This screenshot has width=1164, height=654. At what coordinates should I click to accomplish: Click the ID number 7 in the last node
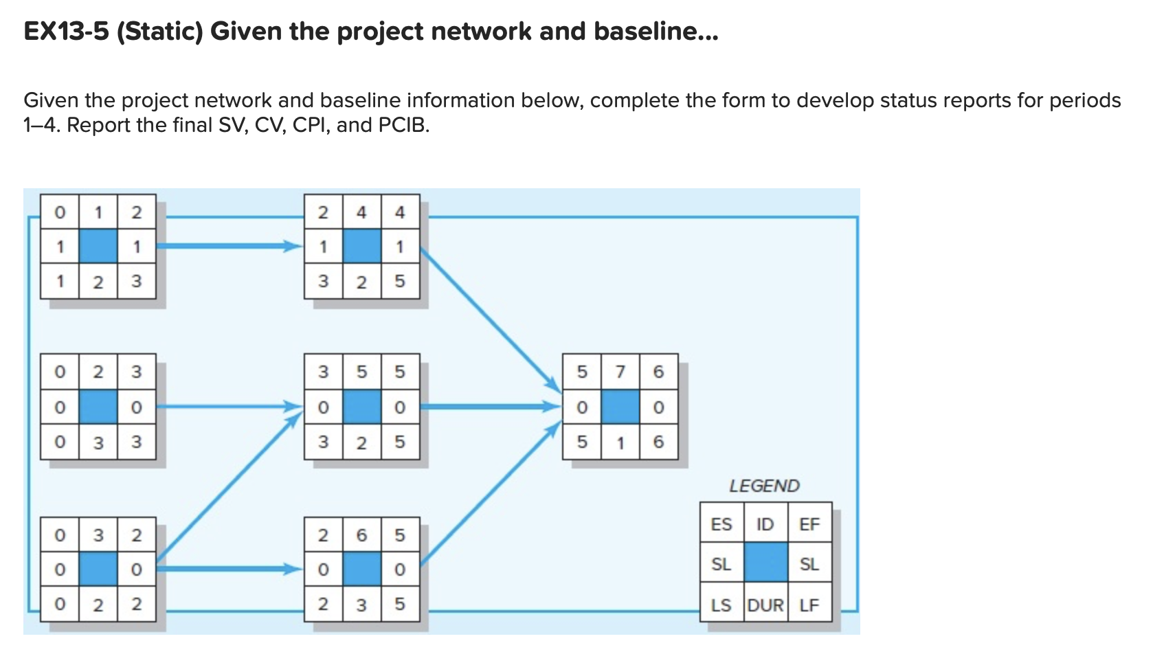(x=620, y=372)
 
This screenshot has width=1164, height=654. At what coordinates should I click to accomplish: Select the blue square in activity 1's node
(x=98, y=247)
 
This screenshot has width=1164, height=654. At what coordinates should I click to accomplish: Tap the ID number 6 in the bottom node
(x=361, y=535)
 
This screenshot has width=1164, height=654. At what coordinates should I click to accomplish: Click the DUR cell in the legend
(x=765, y=605)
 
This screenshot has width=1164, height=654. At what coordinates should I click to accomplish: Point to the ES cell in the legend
(x=721, y=525)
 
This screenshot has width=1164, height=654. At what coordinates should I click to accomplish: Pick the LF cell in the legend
(x=809, y=605)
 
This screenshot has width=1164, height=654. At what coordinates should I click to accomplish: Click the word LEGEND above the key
(x=764, y=486)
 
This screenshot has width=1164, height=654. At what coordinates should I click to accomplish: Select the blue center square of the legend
(x=765, y=563)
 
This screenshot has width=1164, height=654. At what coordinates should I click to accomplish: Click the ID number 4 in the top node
(x=361, y=212)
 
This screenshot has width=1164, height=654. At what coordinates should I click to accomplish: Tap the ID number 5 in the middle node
(x=361, y=372)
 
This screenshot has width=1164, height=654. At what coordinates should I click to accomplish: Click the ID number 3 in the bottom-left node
(x=98, y=535)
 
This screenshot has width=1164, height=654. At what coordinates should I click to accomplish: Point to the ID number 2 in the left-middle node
(x=98, y=372)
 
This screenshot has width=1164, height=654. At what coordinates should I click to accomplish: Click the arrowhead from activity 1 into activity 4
(x=294, y=246)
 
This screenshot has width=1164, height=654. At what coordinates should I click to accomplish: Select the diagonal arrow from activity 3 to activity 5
(x=227, y=484)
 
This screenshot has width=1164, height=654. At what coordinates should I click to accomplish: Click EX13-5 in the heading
(x=66, y=32)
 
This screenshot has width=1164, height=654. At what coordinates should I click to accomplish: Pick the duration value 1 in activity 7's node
(x=620, y=442)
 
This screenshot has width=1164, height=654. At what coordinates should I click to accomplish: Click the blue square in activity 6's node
(x=361, y=570)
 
